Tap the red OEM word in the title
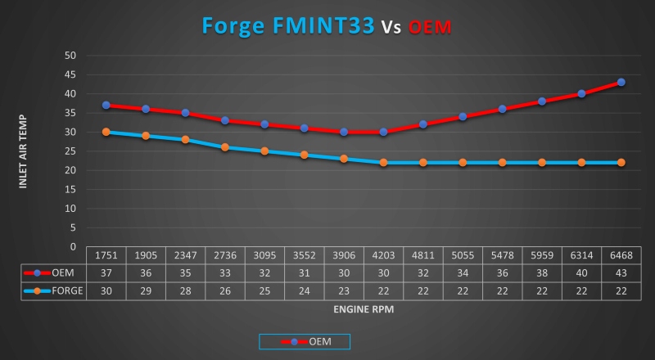click(431, 28)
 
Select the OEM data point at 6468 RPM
click(621, 82)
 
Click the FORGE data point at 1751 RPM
click(106, 132)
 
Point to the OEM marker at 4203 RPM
click(383, 132)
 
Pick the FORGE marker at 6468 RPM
click(621, 162)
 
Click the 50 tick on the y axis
click(70, 56)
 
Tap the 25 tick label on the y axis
click(70, 151)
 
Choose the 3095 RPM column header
click(264, 254)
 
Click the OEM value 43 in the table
click(621, 273)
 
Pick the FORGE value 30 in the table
click(106, 291)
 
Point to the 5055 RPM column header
click(463, 254)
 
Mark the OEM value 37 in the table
click(106, 273)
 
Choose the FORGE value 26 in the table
click(225, 291)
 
